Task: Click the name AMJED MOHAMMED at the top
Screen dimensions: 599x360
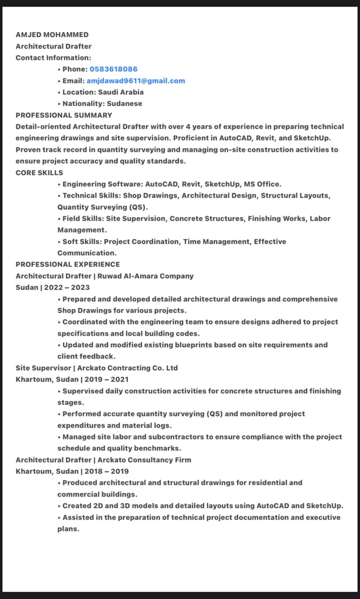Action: click(52, 35)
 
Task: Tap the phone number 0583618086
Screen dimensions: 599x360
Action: click(114, 69)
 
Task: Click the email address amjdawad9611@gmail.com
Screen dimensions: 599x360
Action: click(136, 81)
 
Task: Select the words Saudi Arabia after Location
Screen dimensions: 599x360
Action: click(121, 92)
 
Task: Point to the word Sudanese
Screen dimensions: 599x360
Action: click(124, 104)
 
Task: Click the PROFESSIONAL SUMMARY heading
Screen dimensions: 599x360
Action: click(64, 115)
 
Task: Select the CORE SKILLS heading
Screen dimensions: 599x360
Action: click(39, 173)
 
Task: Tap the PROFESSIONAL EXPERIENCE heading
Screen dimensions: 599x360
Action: click(67, 265)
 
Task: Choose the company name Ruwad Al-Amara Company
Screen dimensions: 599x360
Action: click(146, 276)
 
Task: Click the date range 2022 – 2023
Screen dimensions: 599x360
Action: click(67, 287)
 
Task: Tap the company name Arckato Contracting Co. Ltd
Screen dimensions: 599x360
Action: click(127, 368)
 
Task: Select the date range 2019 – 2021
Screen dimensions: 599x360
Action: click(107, 379)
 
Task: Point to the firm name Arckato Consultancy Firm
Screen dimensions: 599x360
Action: click(144, 460)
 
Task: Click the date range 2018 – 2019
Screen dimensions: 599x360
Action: click(107, 471)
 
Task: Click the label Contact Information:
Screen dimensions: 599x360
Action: click(53, 58)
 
